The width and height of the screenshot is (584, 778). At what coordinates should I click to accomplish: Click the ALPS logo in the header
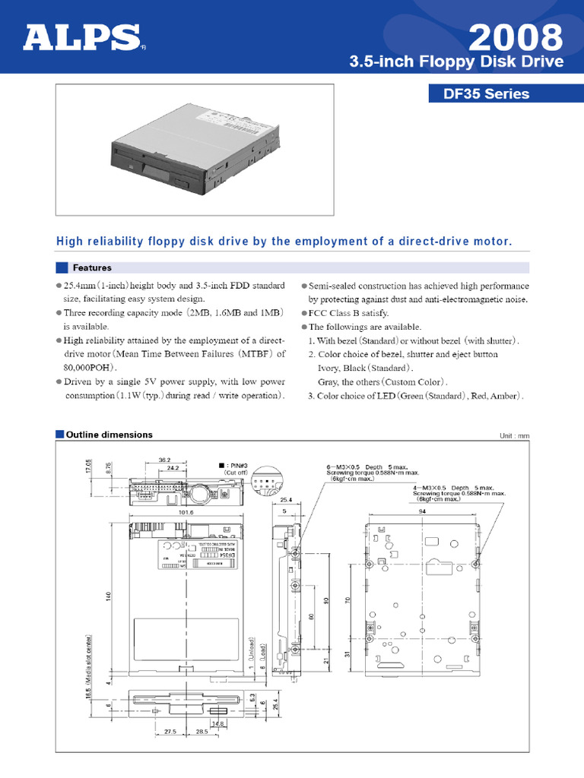click(82, 38)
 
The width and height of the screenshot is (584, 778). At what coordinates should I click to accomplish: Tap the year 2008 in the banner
click(516, 36)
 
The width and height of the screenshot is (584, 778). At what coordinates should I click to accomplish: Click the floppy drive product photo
click(194, 150)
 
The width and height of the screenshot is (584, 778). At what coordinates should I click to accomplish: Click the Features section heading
click(91, 267)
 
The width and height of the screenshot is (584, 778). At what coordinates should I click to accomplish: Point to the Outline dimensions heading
click(109, 435)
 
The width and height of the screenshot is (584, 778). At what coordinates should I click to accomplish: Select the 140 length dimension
click(108, 598)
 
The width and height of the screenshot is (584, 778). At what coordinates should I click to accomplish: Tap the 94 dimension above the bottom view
click(421, 512)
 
